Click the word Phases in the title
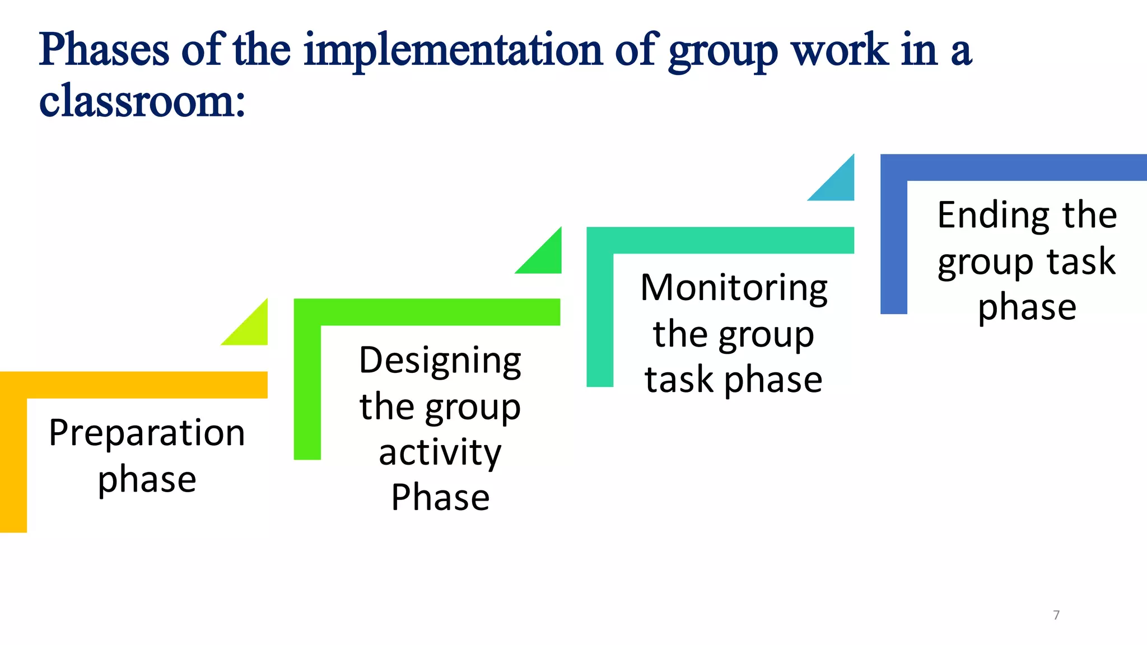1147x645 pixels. (x=104, y=50)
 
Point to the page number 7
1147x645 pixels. (x=1056, y=615)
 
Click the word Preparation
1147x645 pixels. (x=147, y=433)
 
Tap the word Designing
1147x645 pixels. (x=440, y=361)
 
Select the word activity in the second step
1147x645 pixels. (x=440, y=452)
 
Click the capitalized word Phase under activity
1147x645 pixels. (x=440, y=497)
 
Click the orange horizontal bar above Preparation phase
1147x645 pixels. (x=134, y=385)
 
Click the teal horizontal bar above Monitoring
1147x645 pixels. (x=720, y=240)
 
